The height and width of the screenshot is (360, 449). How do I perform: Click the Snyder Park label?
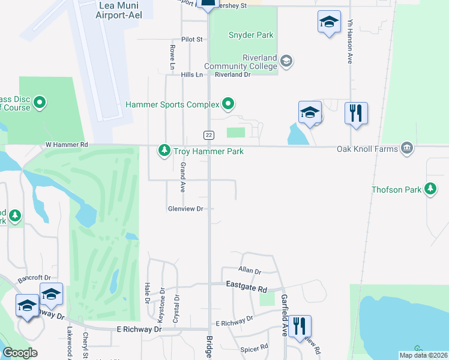tap(251, 35)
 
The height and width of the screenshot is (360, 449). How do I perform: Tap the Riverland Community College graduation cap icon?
tap(286, 60)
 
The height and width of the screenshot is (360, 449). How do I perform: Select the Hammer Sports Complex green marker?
tap(228, 104)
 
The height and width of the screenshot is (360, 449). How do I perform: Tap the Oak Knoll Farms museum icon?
tap(407, 148)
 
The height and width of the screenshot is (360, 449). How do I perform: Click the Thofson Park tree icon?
tap(430, 189)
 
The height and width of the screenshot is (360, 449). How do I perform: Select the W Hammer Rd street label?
tap(67, 145)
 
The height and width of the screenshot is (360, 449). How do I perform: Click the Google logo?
tap(20, 353)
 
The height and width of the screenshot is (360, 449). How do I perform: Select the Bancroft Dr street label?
tap(34, 278)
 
